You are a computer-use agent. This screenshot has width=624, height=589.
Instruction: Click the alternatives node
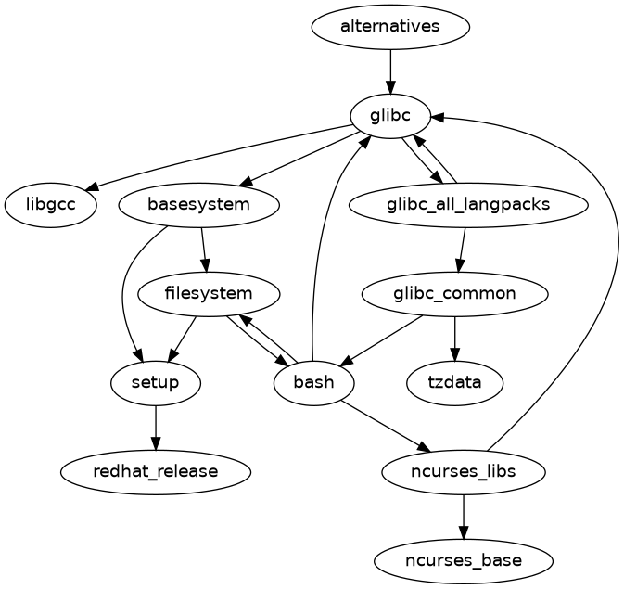point(390,26)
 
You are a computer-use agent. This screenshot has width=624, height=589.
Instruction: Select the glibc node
point(390,115)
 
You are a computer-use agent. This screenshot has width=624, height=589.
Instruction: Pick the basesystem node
point(199,204)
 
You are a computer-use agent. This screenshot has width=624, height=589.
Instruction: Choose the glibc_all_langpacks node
point(468,204)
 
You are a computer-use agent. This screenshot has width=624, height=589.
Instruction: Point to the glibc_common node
point(454,294)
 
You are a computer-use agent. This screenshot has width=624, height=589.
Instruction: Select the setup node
point(156,382)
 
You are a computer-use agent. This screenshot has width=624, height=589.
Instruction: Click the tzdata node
point(454,382)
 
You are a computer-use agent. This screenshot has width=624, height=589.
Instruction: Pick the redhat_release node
point(156,471)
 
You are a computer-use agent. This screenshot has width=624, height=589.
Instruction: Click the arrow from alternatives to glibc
point(390,70)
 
